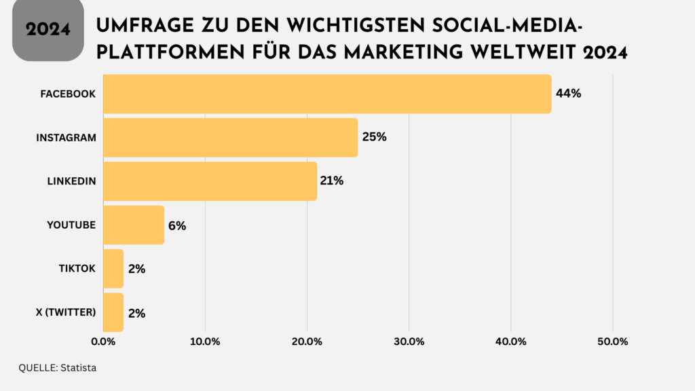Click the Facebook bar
click(x=327, y=94)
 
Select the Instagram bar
click(x=230, y=137)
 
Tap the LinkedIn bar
click(x=210, y=181)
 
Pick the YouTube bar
click(x=134, y=225)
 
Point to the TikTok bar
click(x=113, y=269)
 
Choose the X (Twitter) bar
click(x=113, y=312)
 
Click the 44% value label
click(x=568, y=94)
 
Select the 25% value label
click(x=374, y=137)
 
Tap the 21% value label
click(x=332, y=181)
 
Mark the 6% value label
click(x=176, y=225)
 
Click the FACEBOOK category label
click(x=68, y=94)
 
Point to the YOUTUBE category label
click(x=71, y=225)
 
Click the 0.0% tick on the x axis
click(x=103, y=341)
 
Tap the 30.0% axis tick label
click(x=409, y=341)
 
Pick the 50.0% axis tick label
click(x=613, y=341)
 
